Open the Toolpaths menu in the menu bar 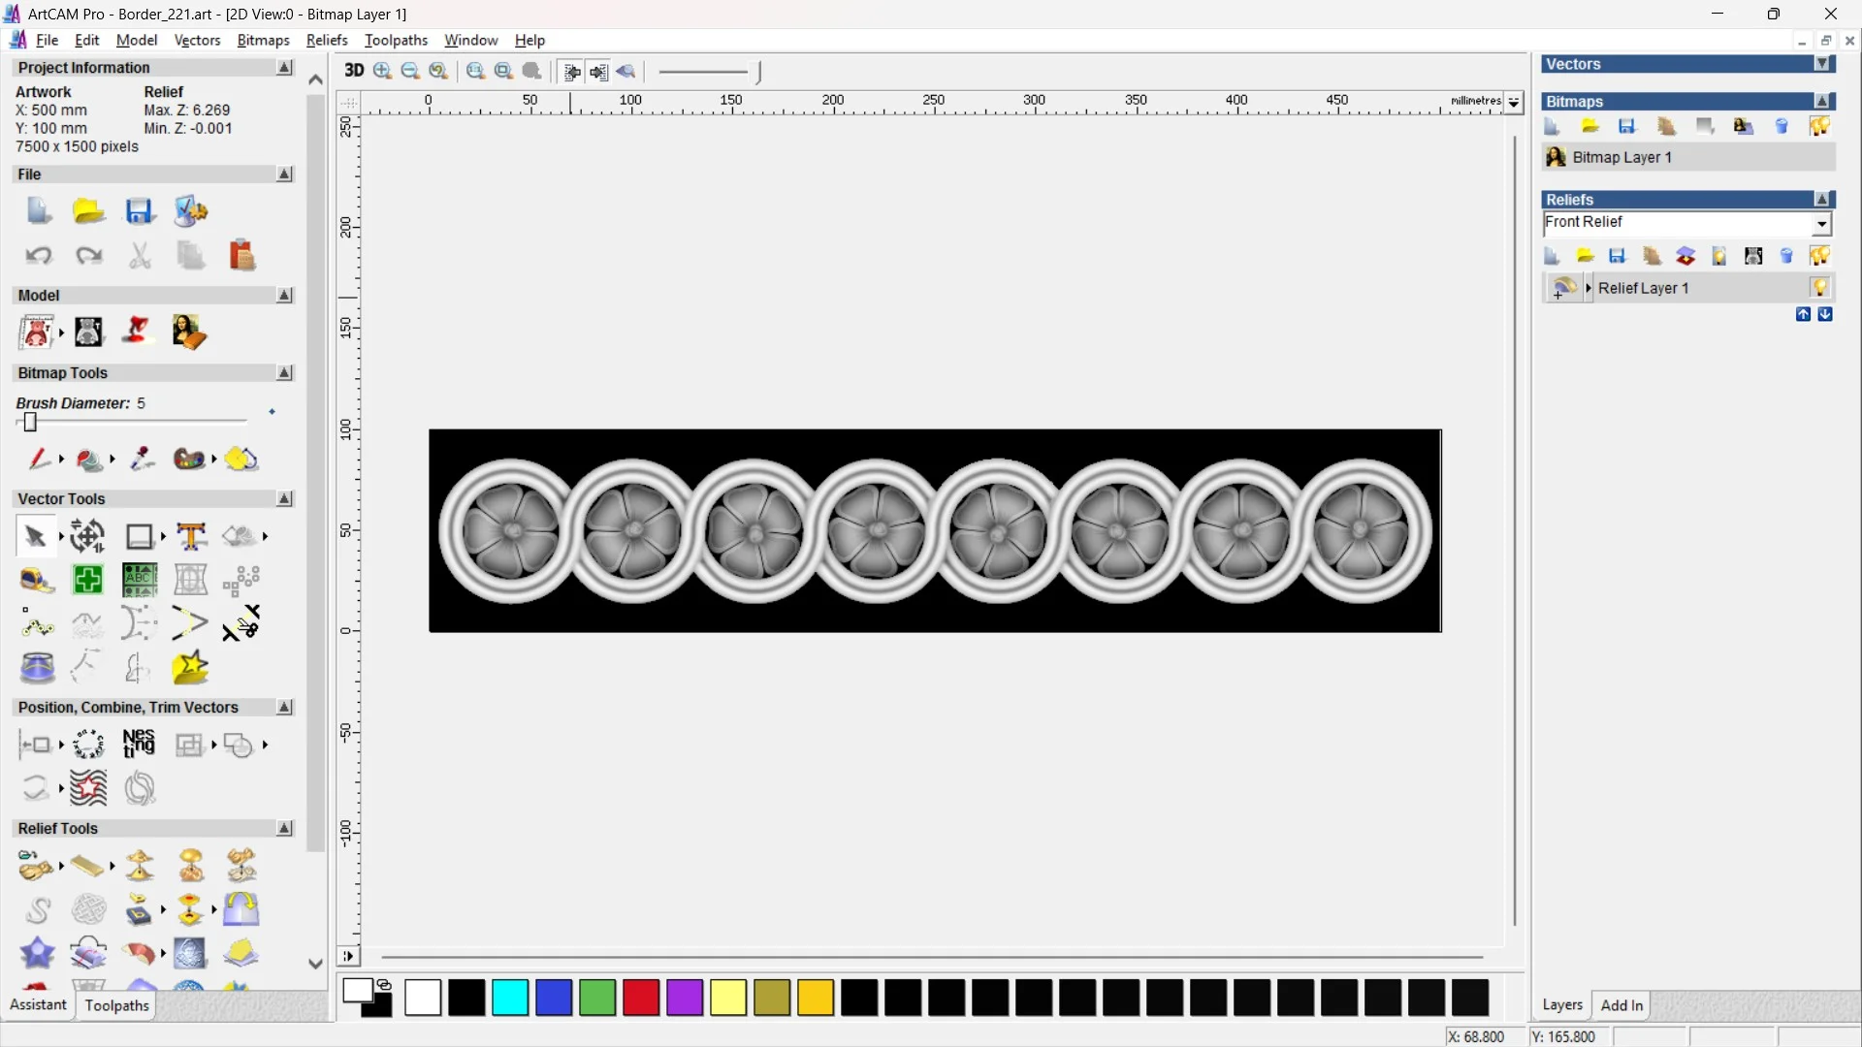click(x=396, y=40)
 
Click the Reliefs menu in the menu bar click(x=327, y=40)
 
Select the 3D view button click(x=354, y=71)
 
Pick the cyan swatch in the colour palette click(x=510, y=998)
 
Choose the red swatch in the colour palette click(x=641, y=998)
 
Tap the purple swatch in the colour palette click(x=685, y=998)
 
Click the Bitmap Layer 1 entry click(x=1621, y=157)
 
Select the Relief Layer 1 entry click(x=1643, y=288)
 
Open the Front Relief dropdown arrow click(x=1822, y=224)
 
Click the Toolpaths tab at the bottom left click(x=116, y=1005)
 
